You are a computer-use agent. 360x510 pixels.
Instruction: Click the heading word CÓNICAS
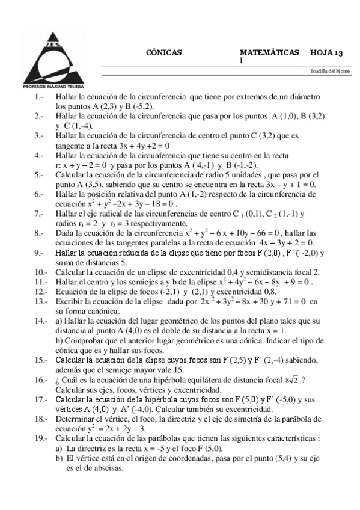163,53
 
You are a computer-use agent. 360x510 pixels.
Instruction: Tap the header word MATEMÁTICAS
269,53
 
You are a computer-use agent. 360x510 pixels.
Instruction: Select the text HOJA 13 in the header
328,53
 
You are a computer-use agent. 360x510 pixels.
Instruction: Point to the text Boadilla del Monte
330,72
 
